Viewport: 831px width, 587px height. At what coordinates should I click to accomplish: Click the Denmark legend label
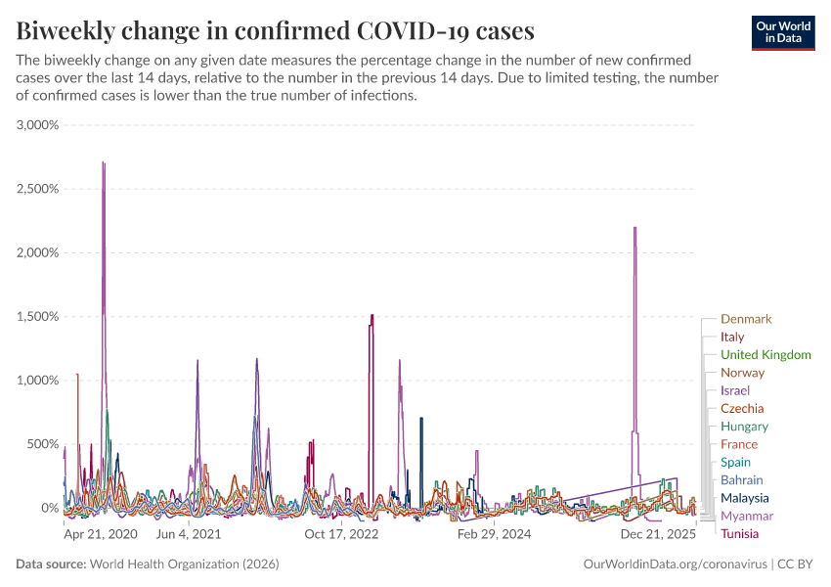click(x=746, y=319)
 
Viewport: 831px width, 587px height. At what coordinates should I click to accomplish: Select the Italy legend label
click(x=732, y=337)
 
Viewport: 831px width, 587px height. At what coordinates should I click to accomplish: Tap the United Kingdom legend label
click(x=765, y=355)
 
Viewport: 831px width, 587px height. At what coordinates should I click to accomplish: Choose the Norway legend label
click(x=742, y=373)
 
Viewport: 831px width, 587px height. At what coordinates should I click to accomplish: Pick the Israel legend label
click(x=734, y=390)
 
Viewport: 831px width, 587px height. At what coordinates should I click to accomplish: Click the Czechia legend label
click(x=742, y=408)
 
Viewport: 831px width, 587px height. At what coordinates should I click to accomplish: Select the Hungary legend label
click(x=744, y=427)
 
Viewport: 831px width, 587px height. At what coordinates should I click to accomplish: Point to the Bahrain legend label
click(x=741, y=480)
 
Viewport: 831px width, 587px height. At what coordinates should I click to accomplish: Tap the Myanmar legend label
click(x=746, y=516)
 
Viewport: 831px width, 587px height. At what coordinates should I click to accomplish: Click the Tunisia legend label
click(x=739, y=533)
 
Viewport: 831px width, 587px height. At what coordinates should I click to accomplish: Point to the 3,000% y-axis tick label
click(x=38, y=125)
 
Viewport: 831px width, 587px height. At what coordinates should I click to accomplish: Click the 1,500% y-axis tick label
click(x=38, y=317)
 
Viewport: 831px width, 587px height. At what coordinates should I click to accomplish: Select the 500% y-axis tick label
click(x=43, y=444)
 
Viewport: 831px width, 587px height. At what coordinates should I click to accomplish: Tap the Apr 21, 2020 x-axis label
click(x=101, y=535)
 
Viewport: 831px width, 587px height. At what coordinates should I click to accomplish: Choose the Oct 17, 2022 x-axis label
click(x=341, y=535)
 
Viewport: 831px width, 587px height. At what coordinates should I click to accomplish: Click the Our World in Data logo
click(x=783, y=32)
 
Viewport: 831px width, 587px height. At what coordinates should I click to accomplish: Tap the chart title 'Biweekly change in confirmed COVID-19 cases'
click(x=276, y=30)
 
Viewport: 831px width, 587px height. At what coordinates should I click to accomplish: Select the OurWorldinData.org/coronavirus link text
click(x=674, y=564)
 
